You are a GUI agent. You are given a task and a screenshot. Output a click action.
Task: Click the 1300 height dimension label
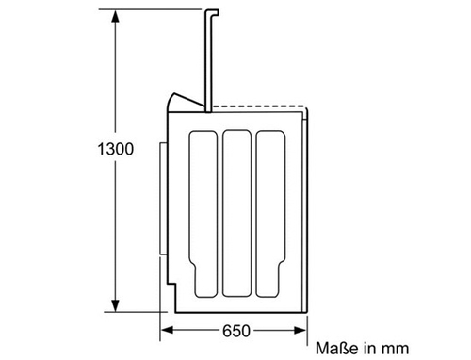point(116,149)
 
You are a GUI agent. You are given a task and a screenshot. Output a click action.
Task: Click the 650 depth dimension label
point(236,331)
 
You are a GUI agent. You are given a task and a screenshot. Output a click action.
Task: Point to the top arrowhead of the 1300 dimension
point(115,16)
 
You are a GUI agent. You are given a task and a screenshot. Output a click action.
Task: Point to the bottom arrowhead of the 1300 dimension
point(115,305)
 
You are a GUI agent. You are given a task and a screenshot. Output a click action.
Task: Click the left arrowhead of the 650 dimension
point(167,330)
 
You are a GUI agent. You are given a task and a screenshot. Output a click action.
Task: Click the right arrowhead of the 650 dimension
point(300,330)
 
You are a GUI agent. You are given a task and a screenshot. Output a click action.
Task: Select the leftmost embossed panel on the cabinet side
point(203,214)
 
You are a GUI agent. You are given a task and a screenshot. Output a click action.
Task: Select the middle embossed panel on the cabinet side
point(236,214)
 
